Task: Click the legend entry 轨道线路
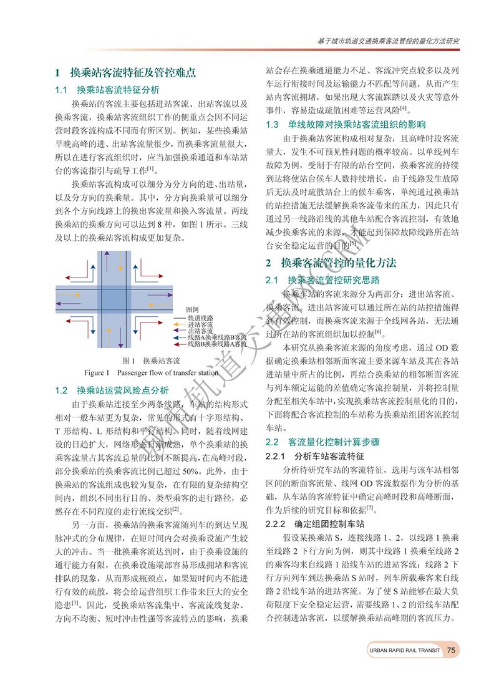click(201, 318)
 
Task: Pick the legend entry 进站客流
click(201, 325)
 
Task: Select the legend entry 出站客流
click(201, 331)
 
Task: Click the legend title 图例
click(192, 310)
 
